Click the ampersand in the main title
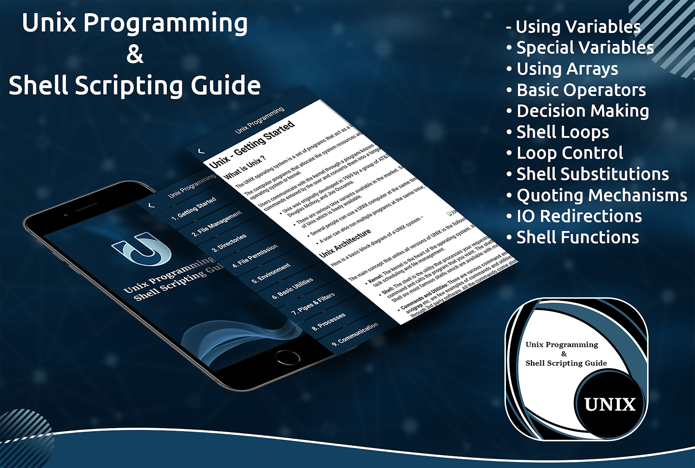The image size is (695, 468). [x=135, y=54]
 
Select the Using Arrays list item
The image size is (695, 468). [x=567, y=69]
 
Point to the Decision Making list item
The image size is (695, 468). [x=582, y=111]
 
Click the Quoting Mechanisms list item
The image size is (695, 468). [x=601, y=195]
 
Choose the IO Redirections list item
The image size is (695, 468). [x=579, y=216]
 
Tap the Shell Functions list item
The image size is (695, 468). [x=577, y=238]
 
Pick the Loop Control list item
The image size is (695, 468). [x=570, y=153]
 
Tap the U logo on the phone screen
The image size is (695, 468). [x=143, y=249]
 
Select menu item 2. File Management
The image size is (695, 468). [x=216, y=224]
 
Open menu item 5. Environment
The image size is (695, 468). [x=271, y=273]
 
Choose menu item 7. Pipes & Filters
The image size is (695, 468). [x=313, y=304]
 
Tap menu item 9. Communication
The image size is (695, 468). [x=355, y=334]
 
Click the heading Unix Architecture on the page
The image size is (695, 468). [x=345, y=243]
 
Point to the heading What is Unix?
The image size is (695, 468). [x=245, y=168]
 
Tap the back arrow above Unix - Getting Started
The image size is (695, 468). [x=201, y=151]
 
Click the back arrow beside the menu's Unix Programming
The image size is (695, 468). [x=151, y=206]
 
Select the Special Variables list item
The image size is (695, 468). [x=585, y=48]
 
